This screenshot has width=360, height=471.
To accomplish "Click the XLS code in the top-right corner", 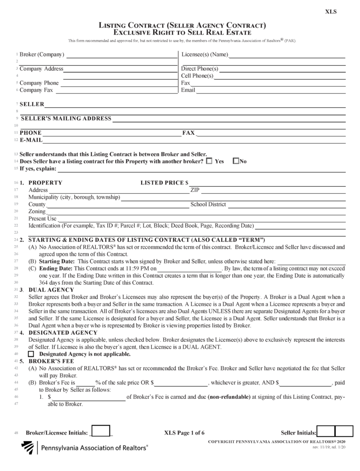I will pos(331,12).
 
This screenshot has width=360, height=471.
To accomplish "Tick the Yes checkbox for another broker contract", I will pos(209,161).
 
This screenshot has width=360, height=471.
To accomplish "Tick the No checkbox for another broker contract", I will pos(236,161).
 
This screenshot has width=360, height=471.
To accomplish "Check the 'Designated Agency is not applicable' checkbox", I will pos(31,355).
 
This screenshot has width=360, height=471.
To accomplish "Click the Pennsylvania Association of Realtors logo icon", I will pos(29,447).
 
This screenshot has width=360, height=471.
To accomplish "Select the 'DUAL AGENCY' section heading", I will pos(51,290).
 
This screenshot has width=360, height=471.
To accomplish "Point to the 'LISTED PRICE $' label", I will pos(164,183).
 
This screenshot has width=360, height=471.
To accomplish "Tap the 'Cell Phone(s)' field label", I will pos(197,76).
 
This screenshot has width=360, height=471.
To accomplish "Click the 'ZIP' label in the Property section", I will pos(194,190).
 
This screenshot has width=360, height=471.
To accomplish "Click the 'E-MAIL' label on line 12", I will pos(31,139).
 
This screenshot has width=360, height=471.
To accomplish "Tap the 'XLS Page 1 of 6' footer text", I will pos(184,433).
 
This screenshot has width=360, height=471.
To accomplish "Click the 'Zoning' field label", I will pos(37,212).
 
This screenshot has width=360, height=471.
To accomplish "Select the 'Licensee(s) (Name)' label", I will pos(205,55).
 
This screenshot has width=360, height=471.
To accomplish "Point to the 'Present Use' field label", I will pos(42,218).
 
